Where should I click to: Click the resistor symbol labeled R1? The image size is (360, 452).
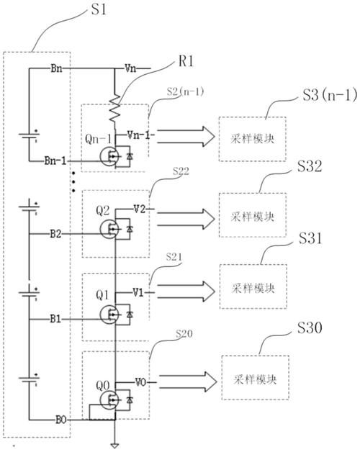click(x=114, y=109)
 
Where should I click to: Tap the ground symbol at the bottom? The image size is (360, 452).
click(x=114, y=446)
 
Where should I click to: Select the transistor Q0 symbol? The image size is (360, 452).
click(x=109, y=400)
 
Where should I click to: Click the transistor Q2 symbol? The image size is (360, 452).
click(x=109, y=229)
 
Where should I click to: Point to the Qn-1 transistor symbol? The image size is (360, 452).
click(x=109, y=156)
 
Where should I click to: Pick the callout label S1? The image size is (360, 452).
click(x=99, y=9)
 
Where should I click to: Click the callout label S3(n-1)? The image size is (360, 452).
click(x=330, y=95)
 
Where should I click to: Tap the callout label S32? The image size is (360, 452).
click(x=310, y=166)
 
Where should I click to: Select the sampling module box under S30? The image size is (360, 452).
click(x=256, y=378)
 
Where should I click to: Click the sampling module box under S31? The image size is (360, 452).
click(x=253, y=286)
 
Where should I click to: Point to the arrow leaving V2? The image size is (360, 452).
click(x=186, y=219)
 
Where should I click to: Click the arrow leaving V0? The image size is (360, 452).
click(x=188, y=381)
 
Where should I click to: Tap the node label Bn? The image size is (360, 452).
click(x=56, y=68)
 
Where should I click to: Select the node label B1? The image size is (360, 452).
click(x=55, y=319)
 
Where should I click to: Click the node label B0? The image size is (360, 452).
click(x=61, y=420)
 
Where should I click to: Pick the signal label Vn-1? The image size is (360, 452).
click(x=139, y=135)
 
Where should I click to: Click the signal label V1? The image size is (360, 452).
click(x=138, y=293)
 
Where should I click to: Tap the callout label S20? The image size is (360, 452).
click(x=184, y=334)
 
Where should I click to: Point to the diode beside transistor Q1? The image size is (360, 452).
click(x=130, y=315)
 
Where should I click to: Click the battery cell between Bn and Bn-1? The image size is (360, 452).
click(x=29, y=135)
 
